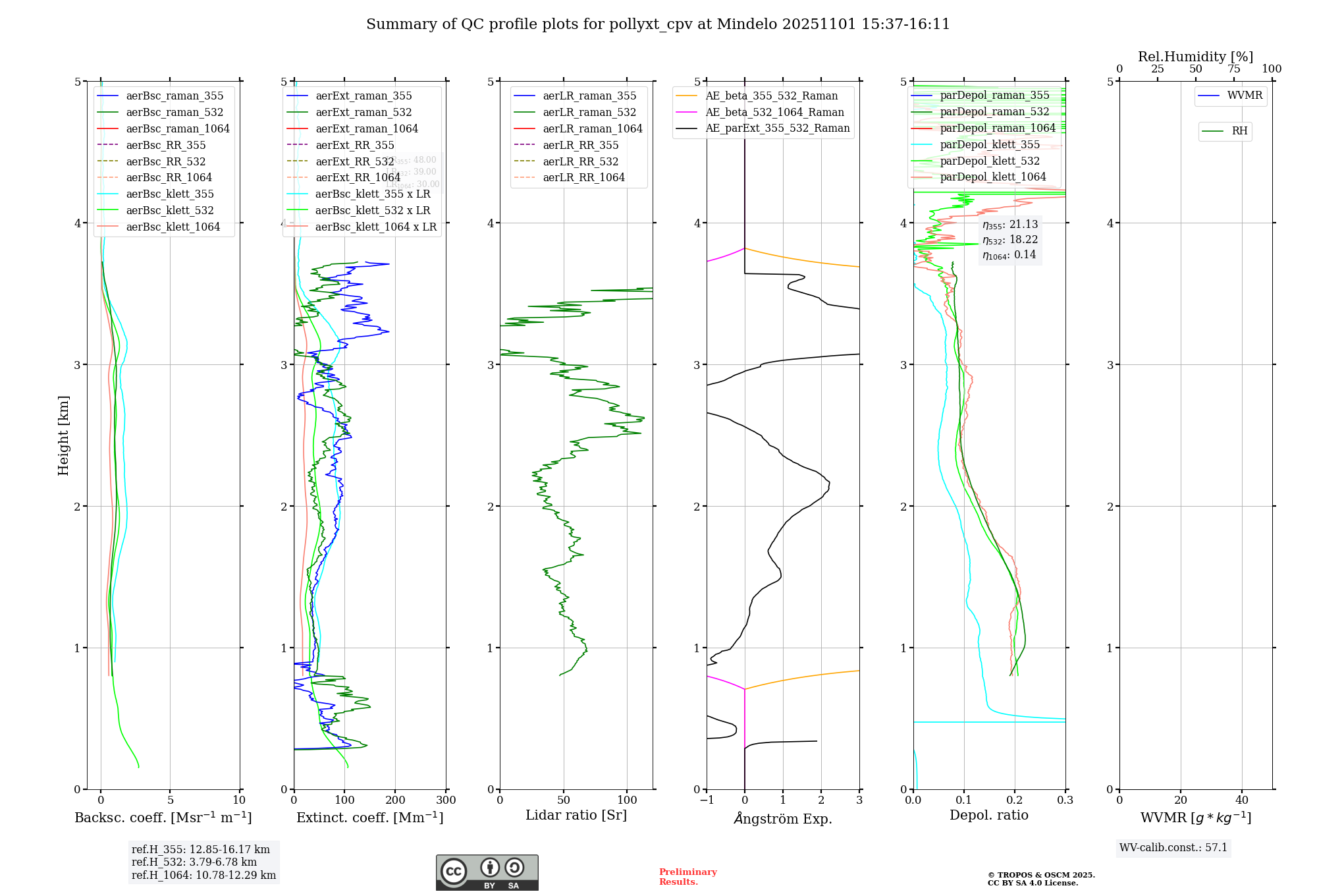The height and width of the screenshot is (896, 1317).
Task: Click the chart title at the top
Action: pos(658,24)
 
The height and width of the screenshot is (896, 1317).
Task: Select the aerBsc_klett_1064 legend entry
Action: pos(173,227)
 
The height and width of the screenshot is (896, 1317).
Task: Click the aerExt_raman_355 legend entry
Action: pos(363,96)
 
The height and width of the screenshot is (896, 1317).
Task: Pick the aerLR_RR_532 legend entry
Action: pos(580,161)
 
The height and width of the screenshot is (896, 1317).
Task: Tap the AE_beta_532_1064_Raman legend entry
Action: pos(774,112)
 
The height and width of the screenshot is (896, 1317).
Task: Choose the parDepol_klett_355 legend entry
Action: pos(990,144)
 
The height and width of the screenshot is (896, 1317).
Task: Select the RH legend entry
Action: pos(1239,131)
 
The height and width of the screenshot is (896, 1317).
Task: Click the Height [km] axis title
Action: pos(63,435)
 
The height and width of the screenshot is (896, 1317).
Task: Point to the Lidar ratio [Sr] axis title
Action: pos(576,815)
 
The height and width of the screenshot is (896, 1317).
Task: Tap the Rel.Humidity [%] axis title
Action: pos(1195,57)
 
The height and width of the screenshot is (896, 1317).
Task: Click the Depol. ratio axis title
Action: pos(988,815)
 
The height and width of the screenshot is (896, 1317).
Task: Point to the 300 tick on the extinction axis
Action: pos(446,800)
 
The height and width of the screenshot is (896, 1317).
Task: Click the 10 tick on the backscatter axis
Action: pos(239,800)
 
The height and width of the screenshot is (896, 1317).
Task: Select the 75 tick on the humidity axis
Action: pos(1233,69)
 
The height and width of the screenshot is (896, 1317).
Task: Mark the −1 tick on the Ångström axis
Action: pos(707,800)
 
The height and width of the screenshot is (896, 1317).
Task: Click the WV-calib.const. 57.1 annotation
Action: pos(1173,847)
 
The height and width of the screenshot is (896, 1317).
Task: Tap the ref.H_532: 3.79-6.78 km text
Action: pos(194,862)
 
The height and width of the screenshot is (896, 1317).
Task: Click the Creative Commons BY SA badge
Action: pos(487,872)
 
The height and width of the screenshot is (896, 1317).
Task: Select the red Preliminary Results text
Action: pos(687,876)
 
